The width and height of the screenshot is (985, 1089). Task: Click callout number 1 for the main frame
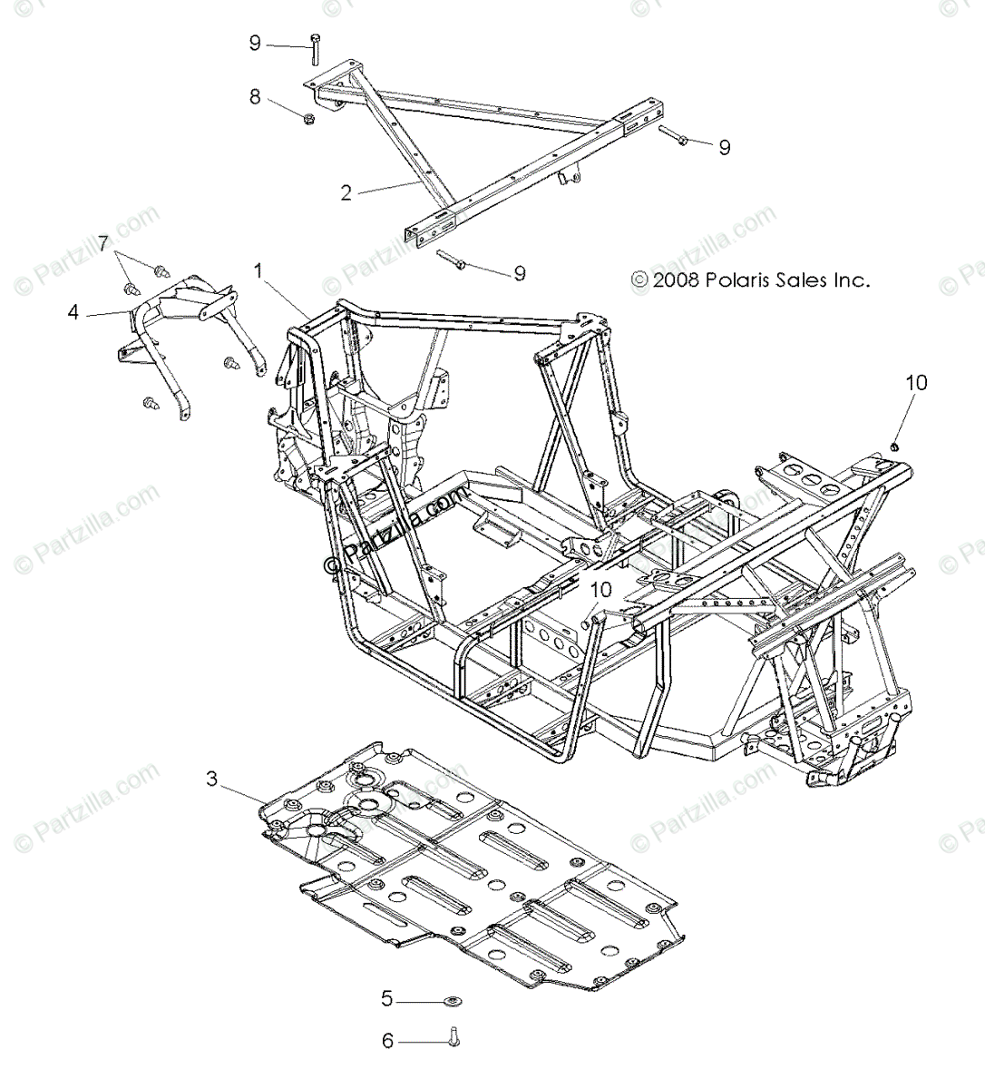pos(258,270)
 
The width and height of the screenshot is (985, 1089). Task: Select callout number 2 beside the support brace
pos(346,192)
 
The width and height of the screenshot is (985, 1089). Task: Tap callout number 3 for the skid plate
pos(211,779)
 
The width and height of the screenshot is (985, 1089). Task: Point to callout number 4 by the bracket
pos(73,312)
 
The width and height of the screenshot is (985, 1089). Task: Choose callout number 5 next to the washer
pos(387,999)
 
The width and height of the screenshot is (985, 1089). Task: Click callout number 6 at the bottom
pos(387,1041)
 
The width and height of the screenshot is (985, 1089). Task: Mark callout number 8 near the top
pos(255,96)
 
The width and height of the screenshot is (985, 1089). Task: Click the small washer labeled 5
pos(451,1001)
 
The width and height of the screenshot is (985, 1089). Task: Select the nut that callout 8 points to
pos(307,118)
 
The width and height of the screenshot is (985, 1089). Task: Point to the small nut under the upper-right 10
pos(893,446)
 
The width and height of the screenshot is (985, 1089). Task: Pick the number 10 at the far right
pos(916,383)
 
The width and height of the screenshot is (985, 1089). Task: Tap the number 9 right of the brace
pos(724,147)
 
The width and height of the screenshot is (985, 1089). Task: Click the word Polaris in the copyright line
pos(736,280)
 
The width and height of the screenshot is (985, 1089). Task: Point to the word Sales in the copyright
pos(801,280)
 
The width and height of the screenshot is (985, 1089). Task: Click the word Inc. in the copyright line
pos(853,280)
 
